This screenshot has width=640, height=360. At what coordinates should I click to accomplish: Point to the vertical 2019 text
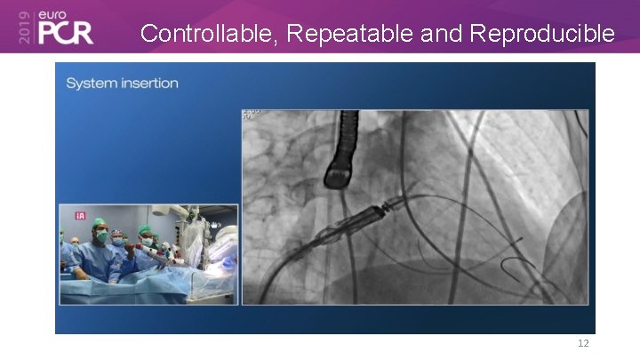pyautogui.click(x=23, y=28)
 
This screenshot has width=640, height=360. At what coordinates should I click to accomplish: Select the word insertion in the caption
pyautogui.click(x=148, y=84)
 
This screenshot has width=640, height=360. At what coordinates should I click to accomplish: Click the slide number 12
pyautogui.click(x=583, y=343)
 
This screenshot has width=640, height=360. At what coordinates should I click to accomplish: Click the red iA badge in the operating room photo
pyautogui.click(x=80, y=216)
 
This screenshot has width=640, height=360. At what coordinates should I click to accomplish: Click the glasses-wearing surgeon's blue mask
pyautogui.click(x=117, y=241)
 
